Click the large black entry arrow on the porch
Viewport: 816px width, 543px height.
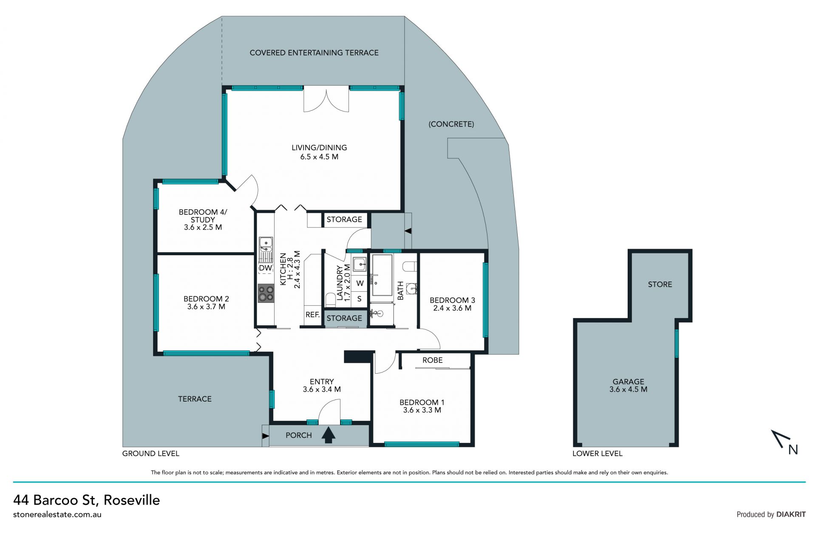pyautogui.click(x=328, y=435)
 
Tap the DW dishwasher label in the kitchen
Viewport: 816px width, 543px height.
pyautogui.click(x=265, y=268)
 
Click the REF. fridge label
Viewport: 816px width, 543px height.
pyautogui.click(x=312, y=315)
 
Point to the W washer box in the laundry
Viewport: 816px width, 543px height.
pyautogui.click(x=360, y=283)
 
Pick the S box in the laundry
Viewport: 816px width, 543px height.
pyautogui.click(x=360, y=299)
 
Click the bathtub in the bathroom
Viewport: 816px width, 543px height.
pyautogui.click(x=382, y=275)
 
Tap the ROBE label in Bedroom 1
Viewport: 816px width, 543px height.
pyautogui.click(x=433, y=360)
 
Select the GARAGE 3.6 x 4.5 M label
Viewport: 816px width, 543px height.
pyautogui.click(x=628, y=385)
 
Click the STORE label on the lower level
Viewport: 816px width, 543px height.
pyautogui.click(x=660, y=284)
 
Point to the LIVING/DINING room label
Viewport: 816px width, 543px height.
pyautogui.click(x=319, y=152)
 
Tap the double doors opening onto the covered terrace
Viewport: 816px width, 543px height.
pyautogui.click(x=326, y=99)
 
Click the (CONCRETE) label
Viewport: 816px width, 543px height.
pyautogui.click(x=451, y=124)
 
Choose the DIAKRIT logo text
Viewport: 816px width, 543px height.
pyautogui.click(x=791, y=514)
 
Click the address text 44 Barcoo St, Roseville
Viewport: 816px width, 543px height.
pyautogui.click(x=87, y=500)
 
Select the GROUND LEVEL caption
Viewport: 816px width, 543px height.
pyautogui.click(x=151, y=453)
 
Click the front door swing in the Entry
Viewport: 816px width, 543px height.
pyautogui.click(x=330, y=411)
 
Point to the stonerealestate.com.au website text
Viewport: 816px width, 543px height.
pyautogui.click(x=57, y=515)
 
